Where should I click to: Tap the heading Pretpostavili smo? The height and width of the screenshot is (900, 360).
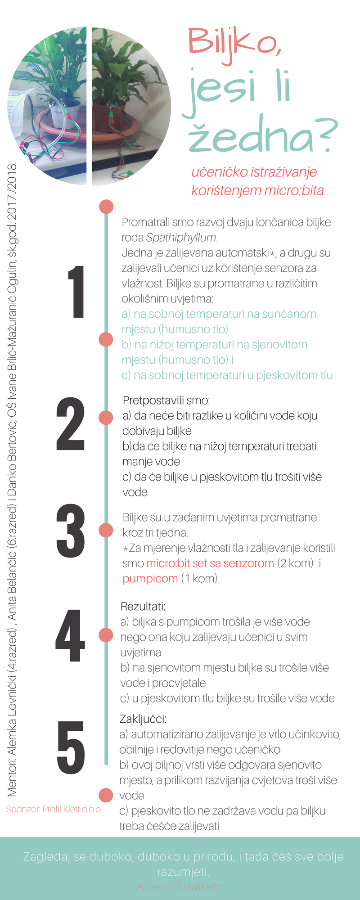click(166, 400)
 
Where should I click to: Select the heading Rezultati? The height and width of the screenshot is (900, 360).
click(143, 607)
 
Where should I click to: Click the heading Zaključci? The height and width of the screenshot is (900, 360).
click(143, 719)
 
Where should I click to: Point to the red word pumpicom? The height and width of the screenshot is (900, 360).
click(150, 579)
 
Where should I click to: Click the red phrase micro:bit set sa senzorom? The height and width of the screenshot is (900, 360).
click(210, 563)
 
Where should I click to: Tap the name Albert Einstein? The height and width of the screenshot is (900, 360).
click(180, 886)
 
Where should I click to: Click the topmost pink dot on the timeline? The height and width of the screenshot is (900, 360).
click(106, 207)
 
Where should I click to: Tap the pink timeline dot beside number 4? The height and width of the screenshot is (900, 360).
click(106, 635)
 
